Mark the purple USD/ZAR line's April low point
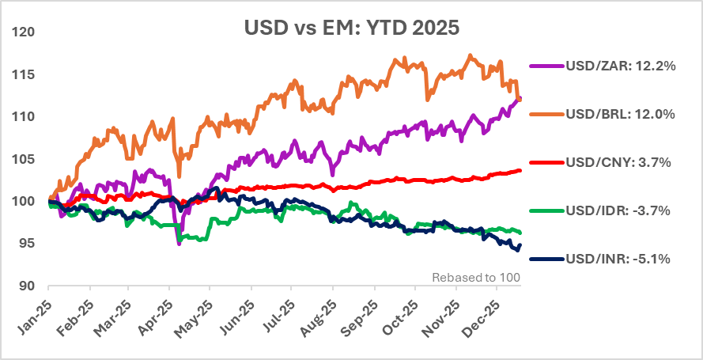[180, 244]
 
